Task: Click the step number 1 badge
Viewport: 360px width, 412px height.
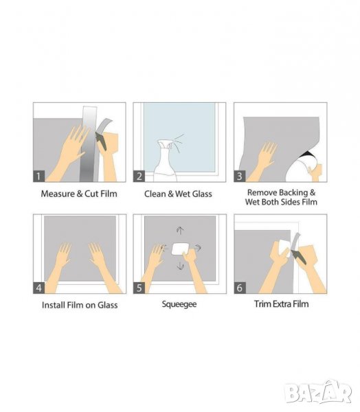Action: (38, 176)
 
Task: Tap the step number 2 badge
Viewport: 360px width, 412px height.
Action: (139, 176)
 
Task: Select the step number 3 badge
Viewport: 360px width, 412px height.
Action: (240, 176)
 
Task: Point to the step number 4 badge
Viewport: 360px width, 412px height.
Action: (38, 288)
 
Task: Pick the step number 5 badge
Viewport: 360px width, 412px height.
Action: (139, 288)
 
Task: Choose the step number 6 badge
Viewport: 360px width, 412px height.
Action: (240, 288)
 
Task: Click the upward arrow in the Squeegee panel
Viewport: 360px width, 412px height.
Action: (180, 231)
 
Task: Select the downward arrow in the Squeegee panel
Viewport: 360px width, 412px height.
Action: (180, 266)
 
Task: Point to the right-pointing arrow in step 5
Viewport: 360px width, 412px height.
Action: (199, 247)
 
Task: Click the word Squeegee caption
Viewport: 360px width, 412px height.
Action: (179, 304)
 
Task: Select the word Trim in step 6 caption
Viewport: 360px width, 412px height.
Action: (262, 304)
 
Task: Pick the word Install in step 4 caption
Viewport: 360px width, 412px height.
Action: (54, 305)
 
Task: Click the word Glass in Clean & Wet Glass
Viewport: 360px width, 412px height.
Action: (202, 194)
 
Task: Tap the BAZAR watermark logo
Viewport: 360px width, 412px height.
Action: (318, 392)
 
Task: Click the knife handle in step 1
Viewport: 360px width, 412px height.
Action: (101, 141)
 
